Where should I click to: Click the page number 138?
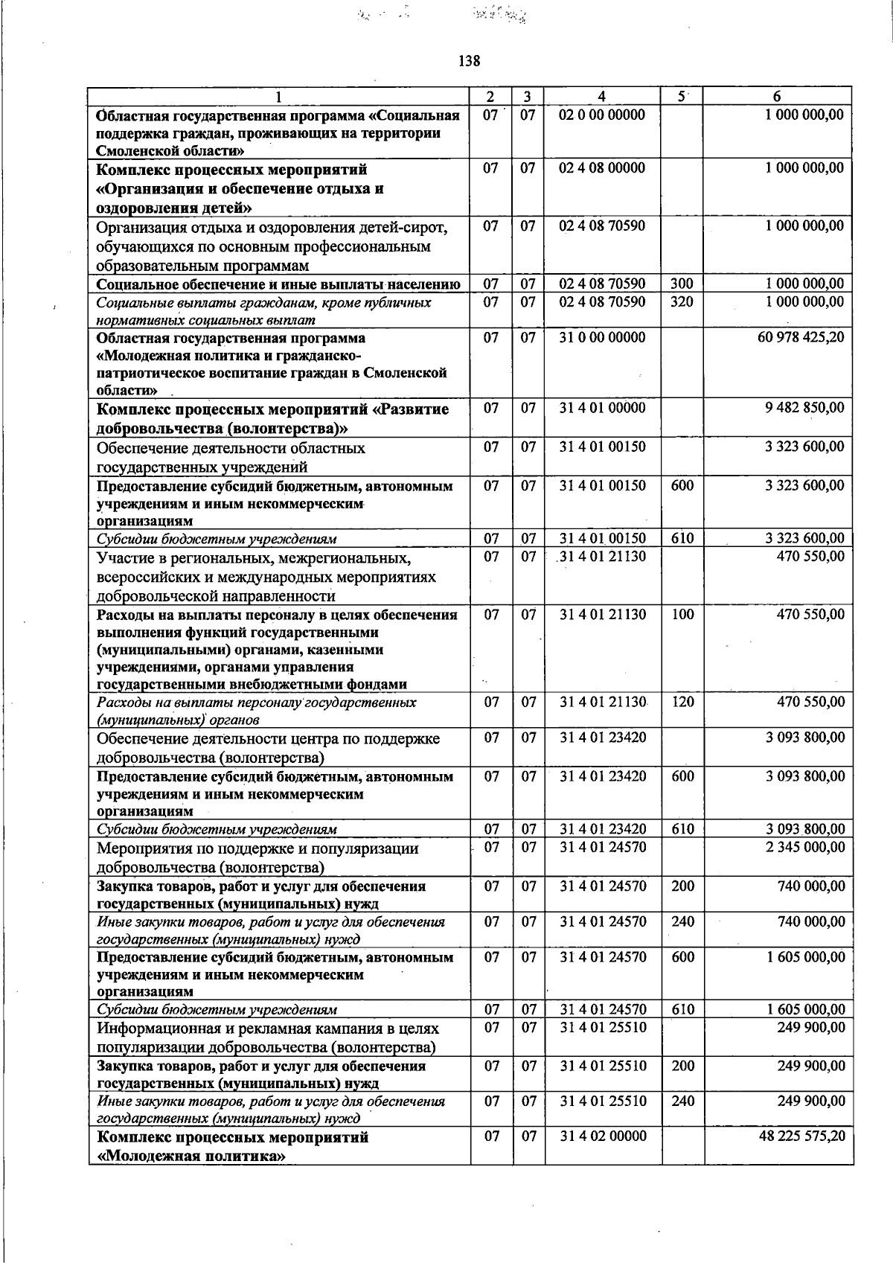coord(469,61)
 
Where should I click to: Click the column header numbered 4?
coord(601,97)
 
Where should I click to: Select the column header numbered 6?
coord(777,97)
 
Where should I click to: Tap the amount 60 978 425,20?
coord(801,338)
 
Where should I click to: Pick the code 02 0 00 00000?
coord(602,115)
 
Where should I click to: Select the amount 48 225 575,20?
coord(801,1136)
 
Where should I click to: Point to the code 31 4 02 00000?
coord(602,1136)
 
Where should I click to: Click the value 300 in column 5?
coord(682,284)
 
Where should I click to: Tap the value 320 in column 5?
coord(682,302)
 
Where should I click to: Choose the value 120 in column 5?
coord(682,702)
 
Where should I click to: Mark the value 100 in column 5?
coord(682,615)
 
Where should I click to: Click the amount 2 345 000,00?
coord(805,847)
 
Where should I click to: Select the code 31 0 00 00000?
coord(602,338)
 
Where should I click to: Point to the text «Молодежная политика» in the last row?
coord(192,1157)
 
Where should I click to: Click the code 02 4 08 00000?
coord(602,168)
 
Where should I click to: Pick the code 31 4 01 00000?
coord(602,408)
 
